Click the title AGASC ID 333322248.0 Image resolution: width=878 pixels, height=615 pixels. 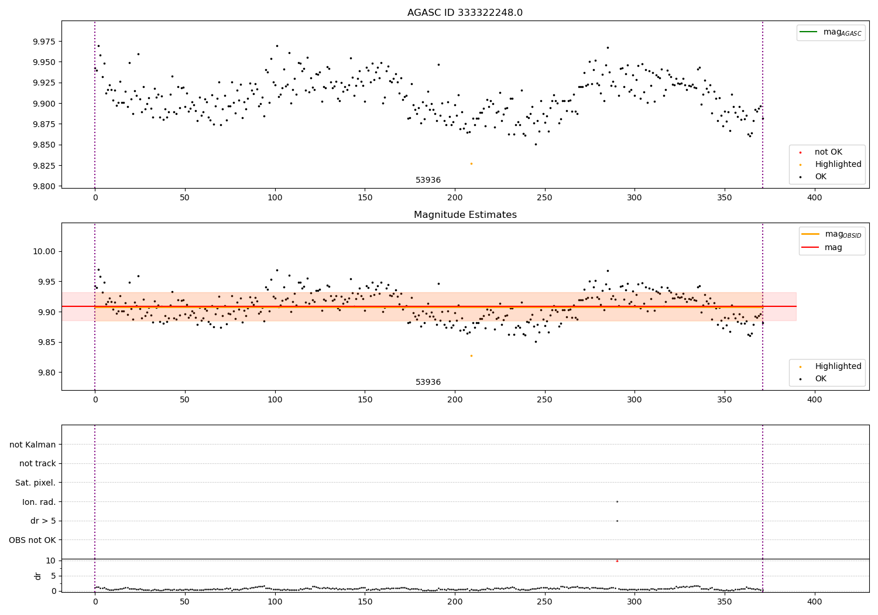[x=465, y=13]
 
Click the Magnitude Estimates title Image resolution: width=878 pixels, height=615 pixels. [x=465, y=215]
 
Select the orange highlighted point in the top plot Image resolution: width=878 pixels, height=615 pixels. [x=471, y=163]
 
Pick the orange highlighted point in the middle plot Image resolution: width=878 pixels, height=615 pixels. [x=471, y=356]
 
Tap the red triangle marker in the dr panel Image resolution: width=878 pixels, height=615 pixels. [x=617, y=561]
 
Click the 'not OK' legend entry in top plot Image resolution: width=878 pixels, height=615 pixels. [x=828, y=152]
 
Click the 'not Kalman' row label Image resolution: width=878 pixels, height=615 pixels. [x=33, y=445]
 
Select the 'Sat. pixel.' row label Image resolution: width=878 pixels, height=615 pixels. [x=35, y=483]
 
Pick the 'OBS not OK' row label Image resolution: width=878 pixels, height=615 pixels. [x=32, y=540]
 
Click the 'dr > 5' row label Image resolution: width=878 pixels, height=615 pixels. [x=43, y=521]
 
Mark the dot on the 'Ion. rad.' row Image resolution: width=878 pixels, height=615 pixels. [x=617, y=501]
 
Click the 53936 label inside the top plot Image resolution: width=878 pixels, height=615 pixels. [x=428, y=180]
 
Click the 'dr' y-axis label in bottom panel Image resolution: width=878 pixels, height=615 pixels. [x=38, y=576]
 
